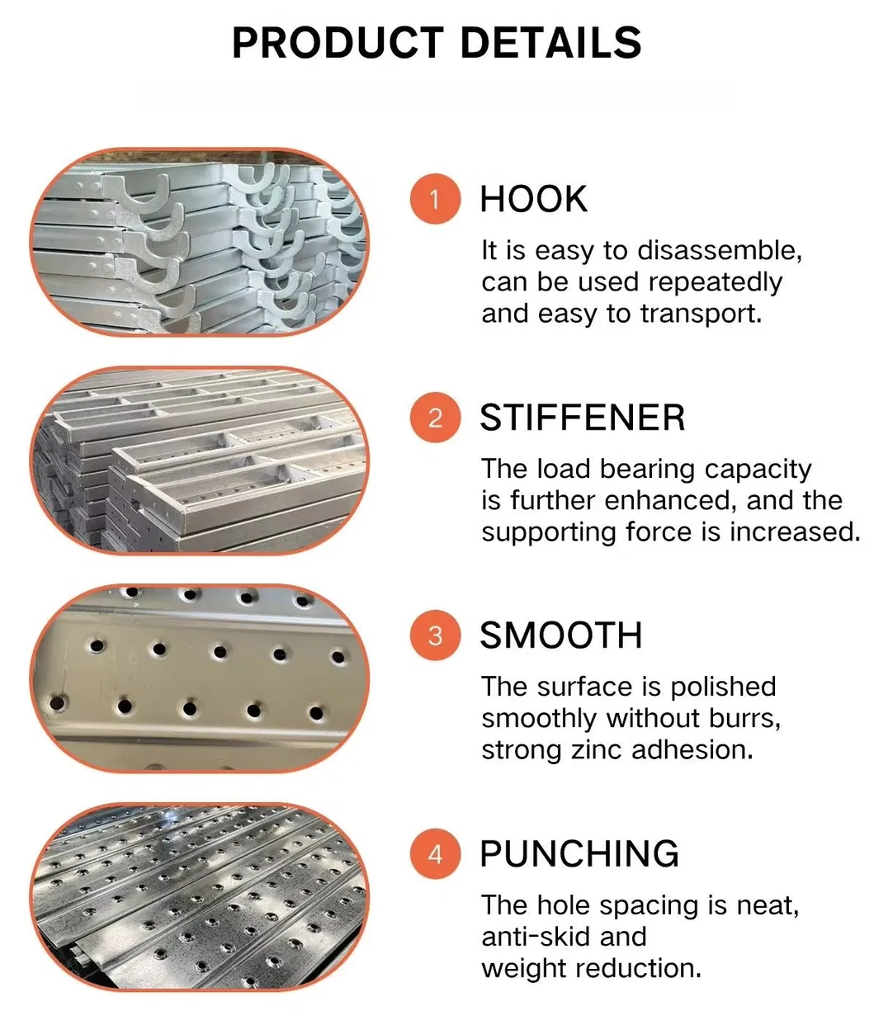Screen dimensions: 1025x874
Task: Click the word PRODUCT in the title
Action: (338, 43)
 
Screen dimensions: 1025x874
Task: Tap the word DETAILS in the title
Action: (550, 43)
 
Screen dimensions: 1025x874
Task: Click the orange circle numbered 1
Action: (435, 199)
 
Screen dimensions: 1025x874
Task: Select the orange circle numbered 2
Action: (435, 418)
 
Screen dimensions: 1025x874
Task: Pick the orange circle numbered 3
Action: (435, 635)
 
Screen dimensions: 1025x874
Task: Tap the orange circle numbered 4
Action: (435, 853)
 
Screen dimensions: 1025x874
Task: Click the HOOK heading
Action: (533, 200)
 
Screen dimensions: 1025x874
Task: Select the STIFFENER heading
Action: (582, 418)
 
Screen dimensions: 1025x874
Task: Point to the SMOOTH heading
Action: (560, 635)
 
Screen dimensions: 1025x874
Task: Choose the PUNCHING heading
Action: (579, 853)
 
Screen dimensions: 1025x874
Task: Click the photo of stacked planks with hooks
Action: (200, 243)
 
